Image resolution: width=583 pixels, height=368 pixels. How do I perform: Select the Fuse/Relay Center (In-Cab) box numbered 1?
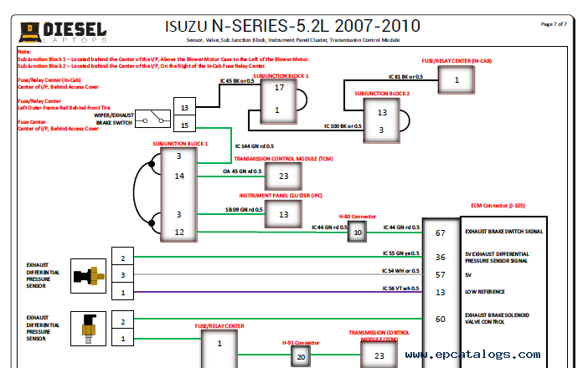point(457,79)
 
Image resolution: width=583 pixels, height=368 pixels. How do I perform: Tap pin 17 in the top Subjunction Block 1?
point(279,88)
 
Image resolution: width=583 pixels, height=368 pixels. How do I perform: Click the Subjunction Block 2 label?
point(381,94)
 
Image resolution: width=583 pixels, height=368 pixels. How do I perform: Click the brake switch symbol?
point(152,119)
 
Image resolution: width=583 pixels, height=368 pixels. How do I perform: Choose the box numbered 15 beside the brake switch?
point(184,125)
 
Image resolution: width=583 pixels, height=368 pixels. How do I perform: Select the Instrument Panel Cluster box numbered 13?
point(283,215)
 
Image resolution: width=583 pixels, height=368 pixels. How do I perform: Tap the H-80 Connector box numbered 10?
point(358,233)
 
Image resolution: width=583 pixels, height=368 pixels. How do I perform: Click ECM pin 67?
point(441,233)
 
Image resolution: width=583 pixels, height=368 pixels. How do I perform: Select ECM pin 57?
point(441,274)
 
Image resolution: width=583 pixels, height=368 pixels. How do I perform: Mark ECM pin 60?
point(441,319)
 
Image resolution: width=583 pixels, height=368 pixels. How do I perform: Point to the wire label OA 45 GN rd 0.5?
point(243,171)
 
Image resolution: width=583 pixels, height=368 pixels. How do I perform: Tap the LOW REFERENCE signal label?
point(485,292)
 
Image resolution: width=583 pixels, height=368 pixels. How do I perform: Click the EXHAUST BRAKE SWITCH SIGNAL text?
point(504,231)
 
